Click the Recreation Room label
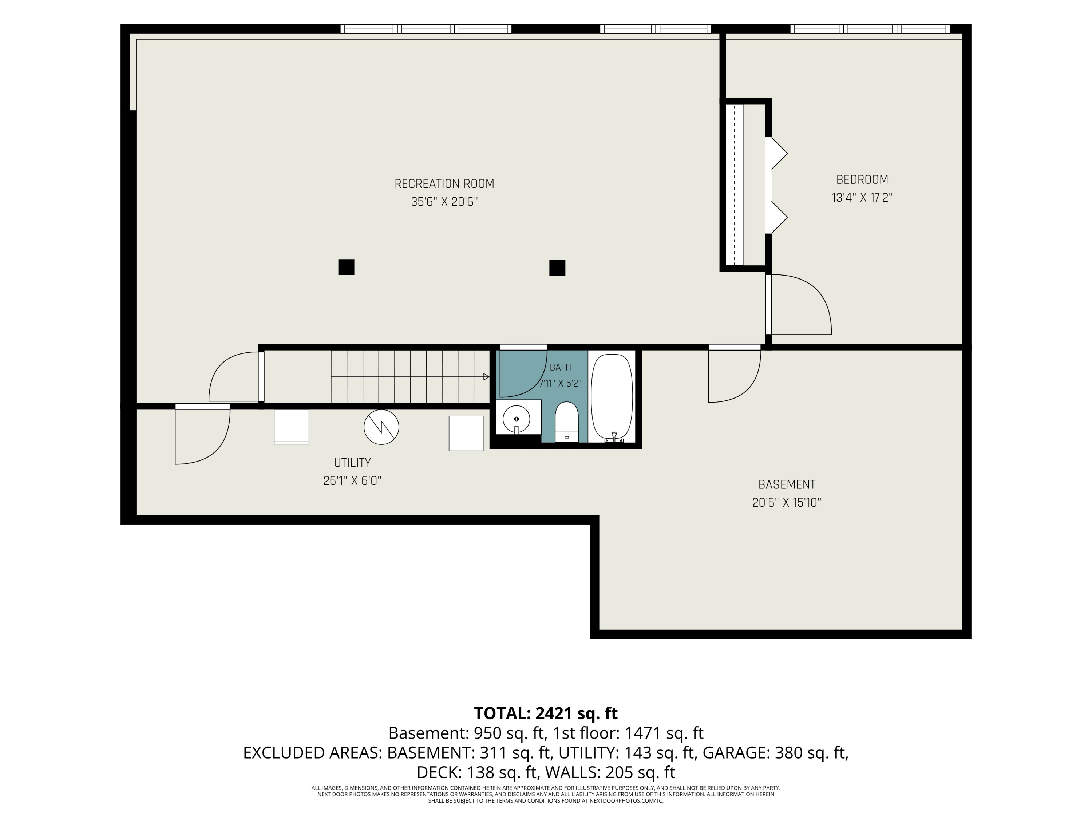(x=444, y=184)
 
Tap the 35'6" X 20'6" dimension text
(x=444, y=202)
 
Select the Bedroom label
(x=862, y=180)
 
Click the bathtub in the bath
(x=612, y=397)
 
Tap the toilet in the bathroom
(x=566, y=422)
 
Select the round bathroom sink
(x=517, y=419)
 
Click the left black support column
(x=346, y=267)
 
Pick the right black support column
(x=557, y=268)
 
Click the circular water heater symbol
(x=381, y=427)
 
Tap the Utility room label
(x=352, y=463)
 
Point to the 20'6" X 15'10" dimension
(x=786, y=503)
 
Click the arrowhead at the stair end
(x=486, y=377)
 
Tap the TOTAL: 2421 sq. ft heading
(x=546, y=713)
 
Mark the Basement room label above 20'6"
(x=786, y=485)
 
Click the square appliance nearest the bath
(x=466, y=434)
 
